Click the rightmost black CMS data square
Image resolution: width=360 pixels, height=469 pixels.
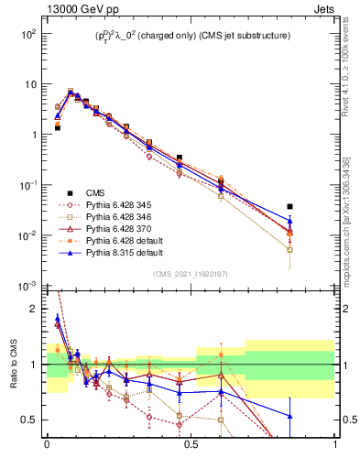click(290, 207)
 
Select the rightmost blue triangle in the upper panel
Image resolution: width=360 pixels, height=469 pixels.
click(290, 220)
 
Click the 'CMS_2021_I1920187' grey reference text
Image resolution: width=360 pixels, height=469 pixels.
click(191, 275)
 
